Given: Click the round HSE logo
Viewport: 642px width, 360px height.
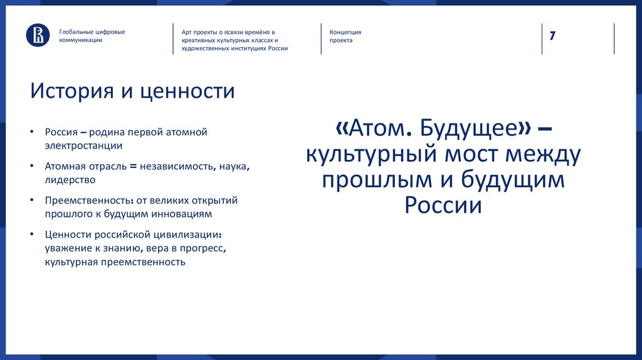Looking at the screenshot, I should tap(38, 35).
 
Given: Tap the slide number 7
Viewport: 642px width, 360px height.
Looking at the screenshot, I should tap(552, 35).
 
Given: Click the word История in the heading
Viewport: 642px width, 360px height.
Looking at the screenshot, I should tap(70, 92).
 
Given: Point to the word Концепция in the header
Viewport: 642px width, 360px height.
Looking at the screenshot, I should tap(345, 32).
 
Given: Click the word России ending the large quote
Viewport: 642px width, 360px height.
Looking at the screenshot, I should tap(443, 206).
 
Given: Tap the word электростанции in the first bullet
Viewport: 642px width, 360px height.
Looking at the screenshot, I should tap(83, 145).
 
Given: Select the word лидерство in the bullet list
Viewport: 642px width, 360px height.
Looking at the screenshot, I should tap(70, 179).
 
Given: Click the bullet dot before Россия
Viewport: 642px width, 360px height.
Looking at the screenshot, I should tap(31, 132).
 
